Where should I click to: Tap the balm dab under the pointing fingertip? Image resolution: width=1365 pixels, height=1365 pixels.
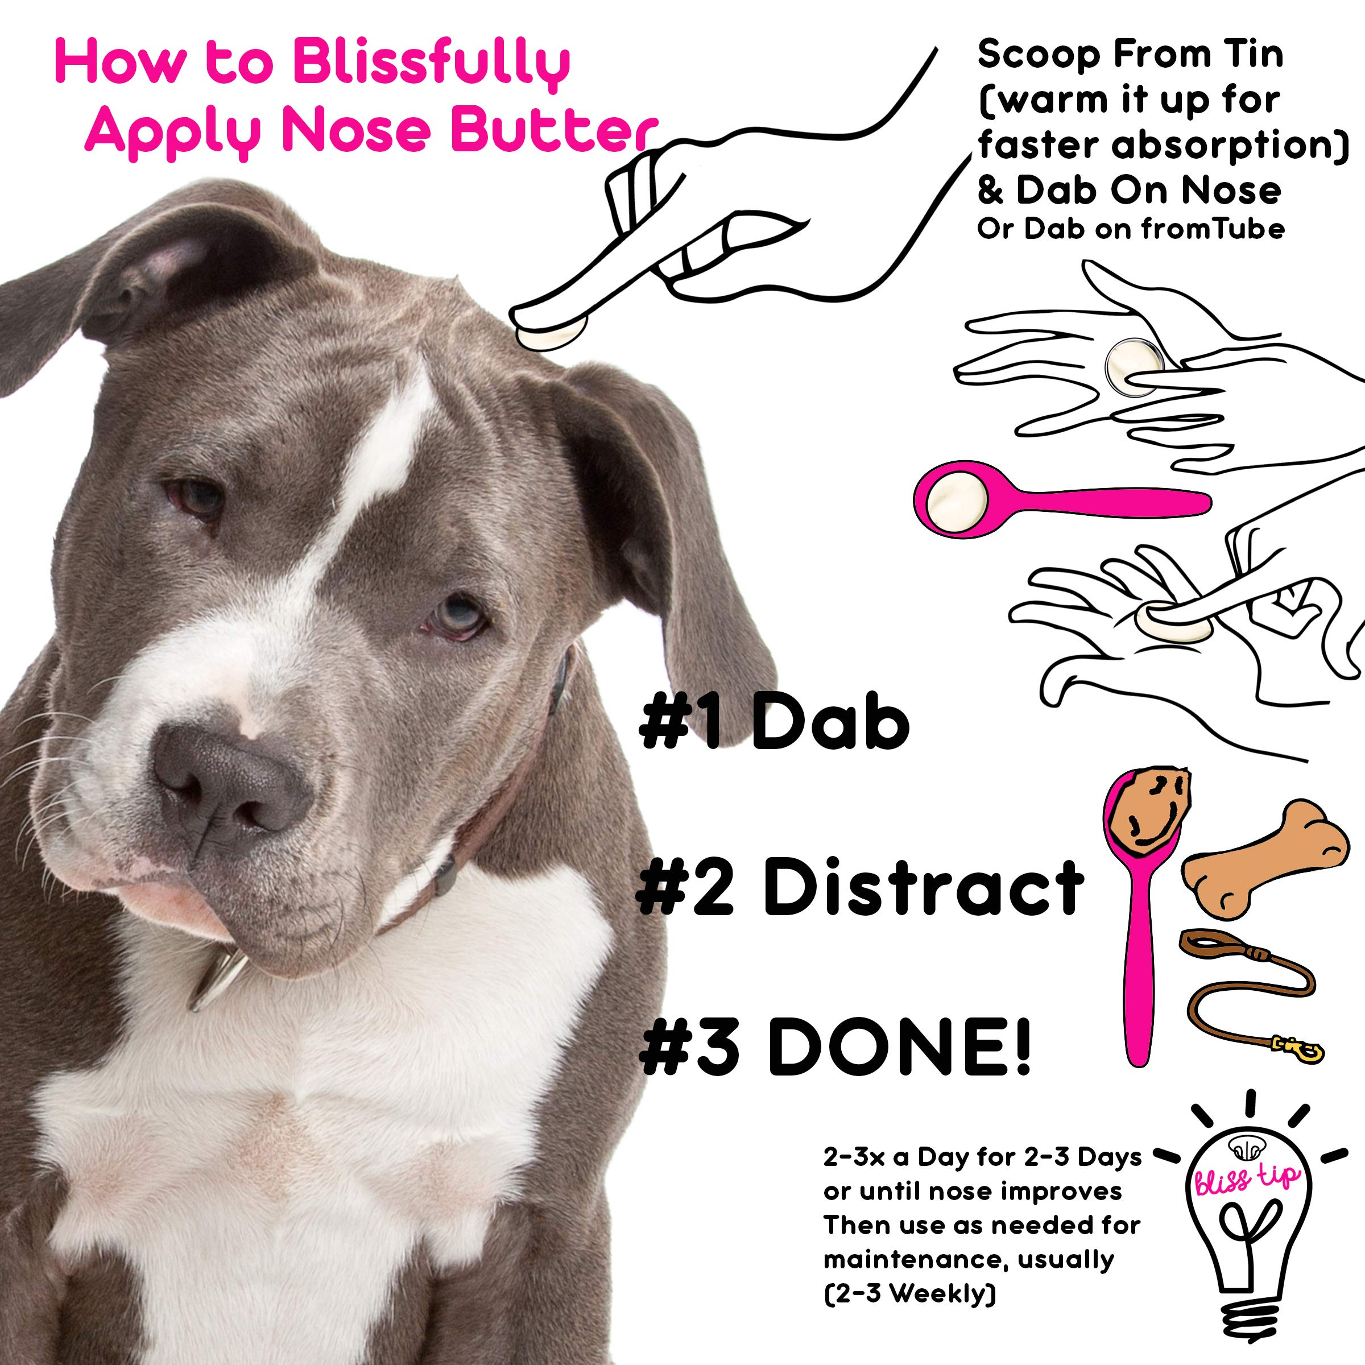pos(551,336)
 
